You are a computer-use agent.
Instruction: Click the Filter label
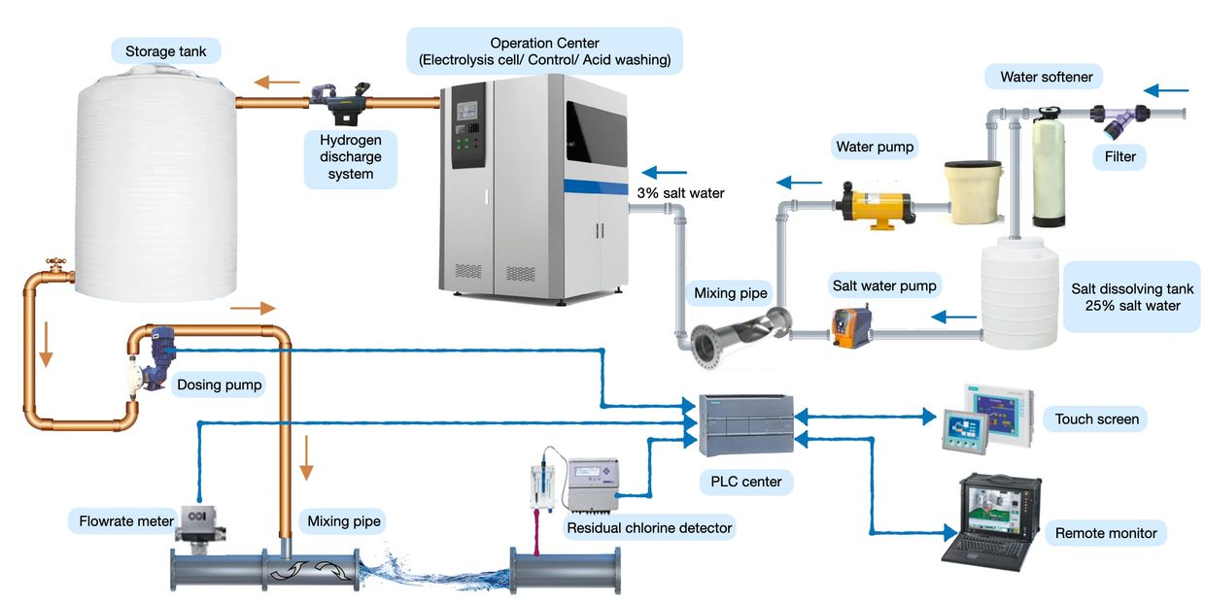click(1119, 156)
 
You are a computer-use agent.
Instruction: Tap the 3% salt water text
click(680, 193)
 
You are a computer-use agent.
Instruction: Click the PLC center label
click(745, 481)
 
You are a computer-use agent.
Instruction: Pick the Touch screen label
click(1096, 419)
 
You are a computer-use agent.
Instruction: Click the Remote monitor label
click(1106, 532)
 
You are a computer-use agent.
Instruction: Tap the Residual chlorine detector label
click(650, 528)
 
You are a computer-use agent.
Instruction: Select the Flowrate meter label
click(126, 521)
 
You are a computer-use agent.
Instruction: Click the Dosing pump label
click(219, 385)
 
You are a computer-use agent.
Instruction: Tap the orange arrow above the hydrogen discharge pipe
click(277, 83)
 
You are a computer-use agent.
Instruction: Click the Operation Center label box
click(544, 51)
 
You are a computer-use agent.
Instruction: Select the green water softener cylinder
click(1049, 171)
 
